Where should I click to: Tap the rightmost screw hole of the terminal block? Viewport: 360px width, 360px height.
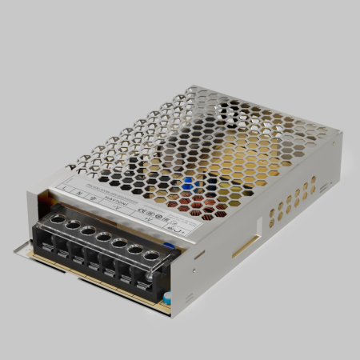pyautogui.click(x=150, y=256)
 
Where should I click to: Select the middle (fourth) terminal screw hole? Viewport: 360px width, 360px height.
pyautogui.click(x=102, y=238)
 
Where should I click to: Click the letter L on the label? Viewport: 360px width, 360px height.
pyautogui.click(x=63, y=190)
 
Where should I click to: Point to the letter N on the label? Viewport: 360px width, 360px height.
pyautogui.click(x=78, y=194)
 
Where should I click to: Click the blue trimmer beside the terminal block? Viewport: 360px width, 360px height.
pyautogui.click(x=170, y=247)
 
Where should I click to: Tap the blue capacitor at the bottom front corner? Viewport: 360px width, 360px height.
pyautogui.click(x=169, y=298)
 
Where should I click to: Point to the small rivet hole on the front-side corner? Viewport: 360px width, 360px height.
pyautogui.click(x=198, y=255)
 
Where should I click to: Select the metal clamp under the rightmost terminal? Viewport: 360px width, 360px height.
pyautogui.click(x=148, y=280)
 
